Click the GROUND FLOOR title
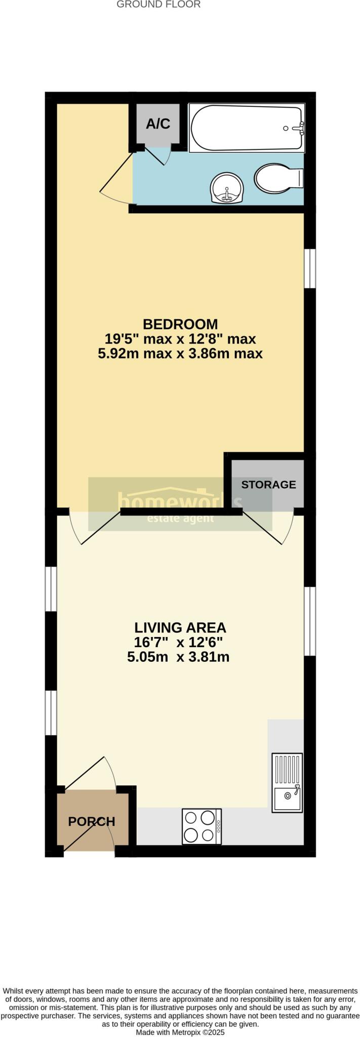point(158,5)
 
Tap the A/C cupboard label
point(158,124)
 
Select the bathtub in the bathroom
point(247,128)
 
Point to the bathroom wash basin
point(226,188)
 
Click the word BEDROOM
point(180,324)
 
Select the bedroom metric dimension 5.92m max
point(135,353)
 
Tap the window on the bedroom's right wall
point(309,268)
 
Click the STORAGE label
point(268,485)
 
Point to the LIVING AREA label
point(180,627)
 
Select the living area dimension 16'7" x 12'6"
point(178,643)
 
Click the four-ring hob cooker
point(202,826)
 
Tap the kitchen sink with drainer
point(287,782)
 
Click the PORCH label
point(92,821)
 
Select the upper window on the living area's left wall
point(51,588)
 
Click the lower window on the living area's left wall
point(51,712)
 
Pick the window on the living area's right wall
point(309,621)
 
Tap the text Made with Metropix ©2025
point(180,1032)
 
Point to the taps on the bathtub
point(299,128)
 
